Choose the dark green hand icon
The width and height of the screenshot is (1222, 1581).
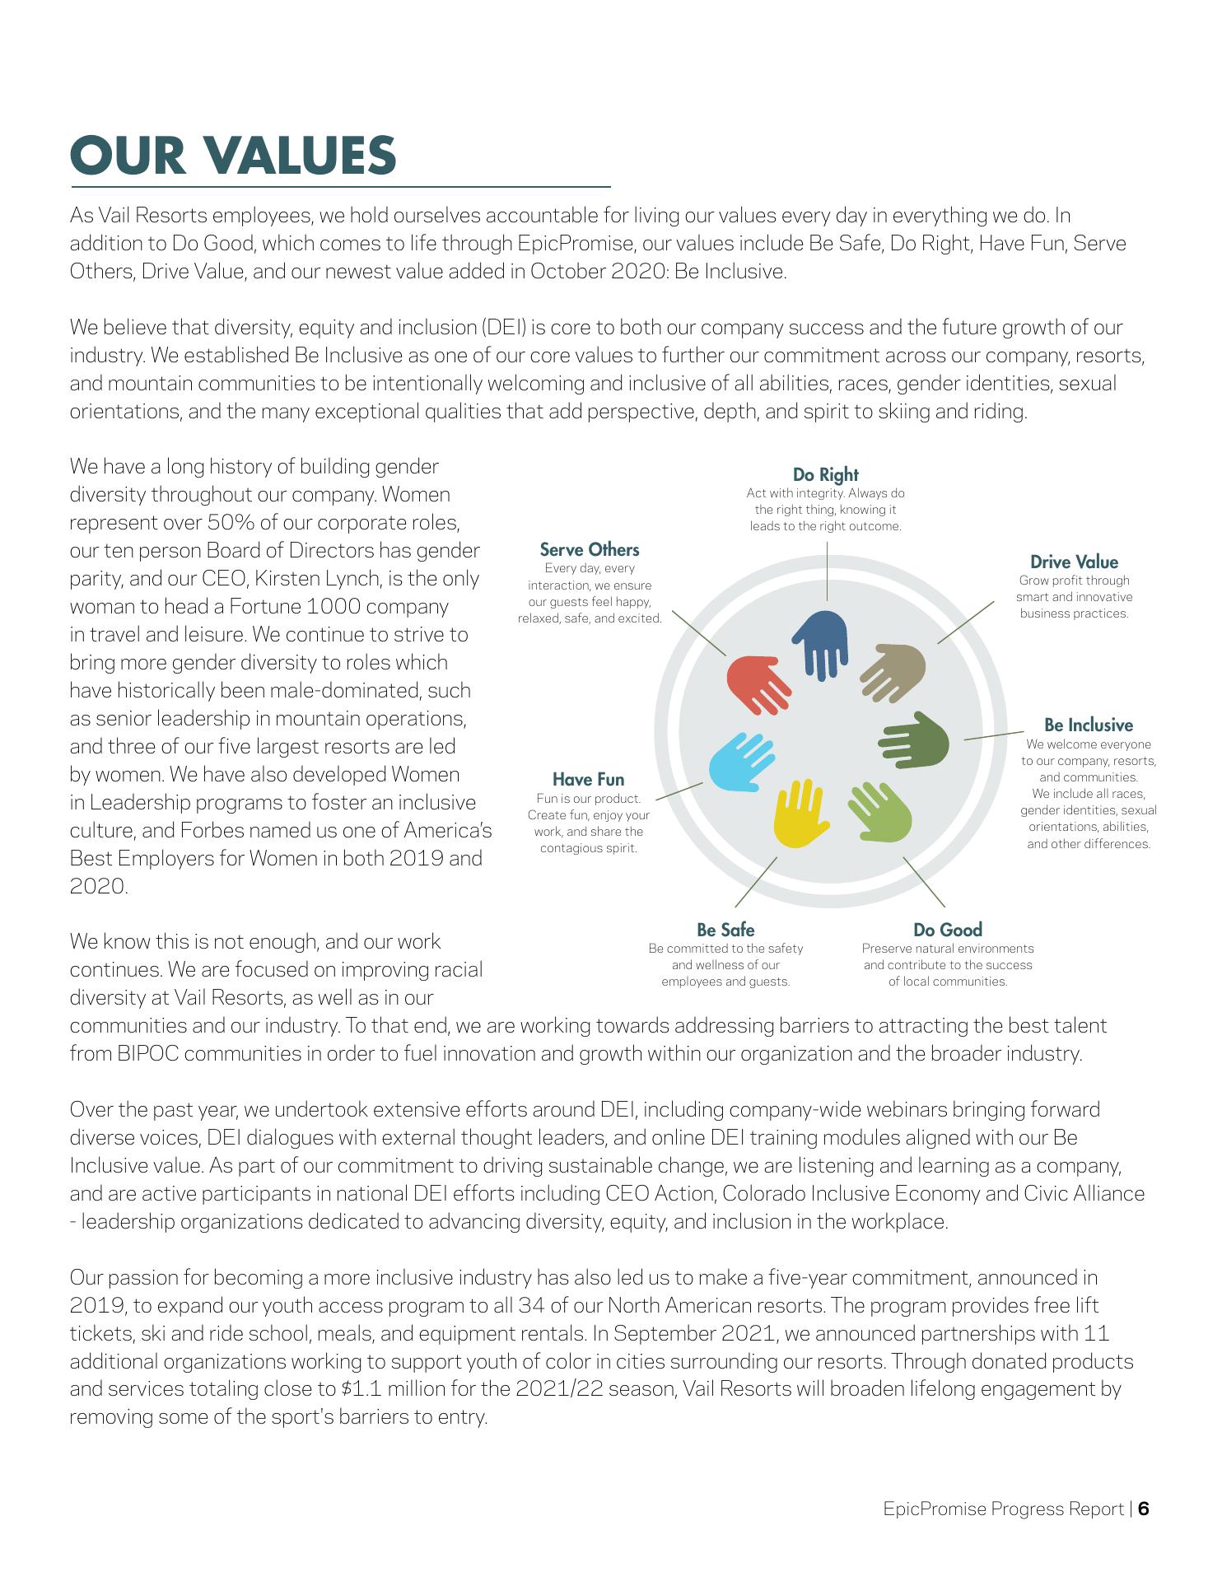(x=916, y=740)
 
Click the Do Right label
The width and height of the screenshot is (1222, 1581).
(x=825, y=474)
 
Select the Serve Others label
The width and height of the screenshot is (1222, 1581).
(x=590, y=549)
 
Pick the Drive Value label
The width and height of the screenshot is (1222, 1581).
(x=1074, y=562)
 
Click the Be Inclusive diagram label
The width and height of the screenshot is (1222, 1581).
(x=1088, y=725)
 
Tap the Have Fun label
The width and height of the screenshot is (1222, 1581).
(x=588, y=780)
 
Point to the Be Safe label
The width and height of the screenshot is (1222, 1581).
(x=725, y=930)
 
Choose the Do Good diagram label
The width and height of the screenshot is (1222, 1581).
(x=948, y=930)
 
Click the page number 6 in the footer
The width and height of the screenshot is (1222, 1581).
(x=1144, y=1509)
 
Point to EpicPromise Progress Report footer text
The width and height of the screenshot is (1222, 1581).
(x=1003, y=1509)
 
